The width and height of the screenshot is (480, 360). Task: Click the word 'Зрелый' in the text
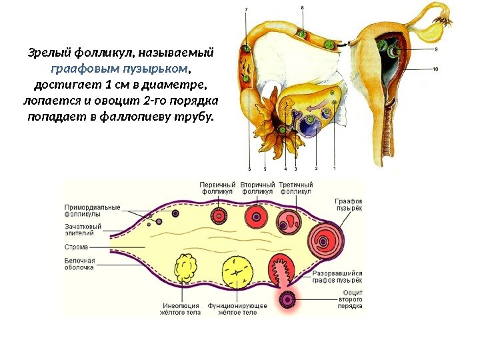tap(46, 52)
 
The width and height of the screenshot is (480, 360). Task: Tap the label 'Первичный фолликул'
tap(219, 188)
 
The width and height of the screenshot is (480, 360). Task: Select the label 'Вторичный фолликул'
tap(257, 188)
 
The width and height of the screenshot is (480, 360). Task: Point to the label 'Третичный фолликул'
tap(295, 188)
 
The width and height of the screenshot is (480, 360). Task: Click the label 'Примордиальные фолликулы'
tap(92, 211)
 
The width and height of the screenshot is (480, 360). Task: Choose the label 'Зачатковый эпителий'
tap(83, 230)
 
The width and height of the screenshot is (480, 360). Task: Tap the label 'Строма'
tap(77, 247)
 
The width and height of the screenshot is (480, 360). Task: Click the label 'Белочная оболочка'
tap(79, 264)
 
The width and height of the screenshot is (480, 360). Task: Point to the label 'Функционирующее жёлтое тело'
tap(237, 309)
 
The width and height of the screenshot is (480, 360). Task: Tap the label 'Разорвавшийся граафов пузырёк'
tap(337, 277)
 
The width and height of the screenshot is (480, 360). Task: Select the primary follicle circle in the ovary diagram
tap(219, 215)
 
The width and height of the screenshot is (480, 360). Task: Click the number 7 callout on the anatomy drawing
tap(246, 9)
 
